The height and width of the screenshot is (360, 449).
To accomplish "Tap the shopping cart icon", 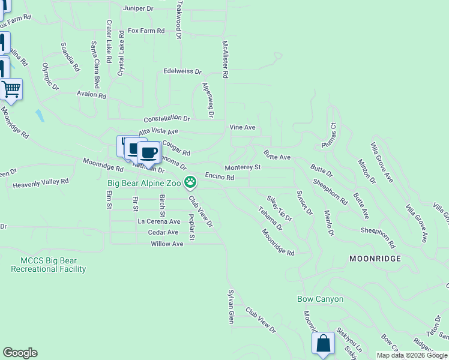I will (11, 90).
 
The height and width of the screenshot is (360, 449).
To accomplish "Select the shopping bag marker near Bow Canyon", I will (323, 344).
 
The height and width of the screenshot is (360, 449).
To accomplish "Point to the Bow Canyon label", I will (321, 299).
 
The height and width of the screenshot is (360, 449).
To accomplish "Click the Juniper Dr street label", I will (138, 9).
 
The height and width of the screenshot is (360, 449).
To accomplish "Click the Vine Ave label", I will (243, 127).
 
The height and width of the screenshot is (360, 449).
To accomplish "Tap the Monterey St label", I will (243, 167).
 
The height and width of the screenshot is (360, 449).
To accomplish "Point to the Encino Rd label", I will (219, 177).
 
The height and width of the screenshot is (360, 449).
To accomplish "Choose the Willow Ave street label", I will (167, 244).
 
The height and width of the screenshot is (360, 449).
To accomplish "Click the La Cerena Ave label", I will (158, 221).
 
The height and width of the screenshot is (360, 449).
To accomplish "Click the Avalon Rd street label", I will (91, 95).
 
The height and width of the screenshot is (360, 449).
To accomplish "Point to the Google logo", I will (20, 353).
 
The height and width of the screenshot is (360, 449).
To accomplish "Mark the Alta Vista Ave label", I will (158, 131).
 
